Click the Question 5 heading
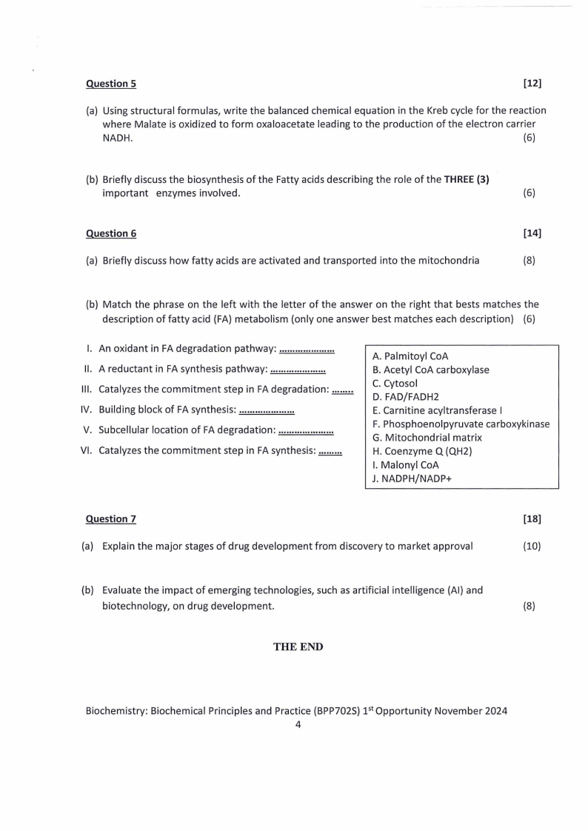coord(111,84)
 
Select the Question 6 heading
coord(111,233)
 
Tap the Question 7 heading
coord(111,519)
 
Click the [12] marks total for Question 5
coord(532,84)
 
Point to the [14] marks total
coord(532,233)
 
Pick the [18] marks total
coord(532,519)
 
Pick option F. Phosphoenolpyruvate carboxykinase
coord(461,424)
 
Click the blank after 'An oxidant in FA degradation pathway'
coord(307,349)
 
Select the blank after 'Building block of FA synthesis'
coord(267,410)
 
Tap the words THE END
coord(298,647)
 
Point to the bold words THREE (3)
coord(467,179)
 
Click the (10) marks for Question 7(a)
coord(532,547)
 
